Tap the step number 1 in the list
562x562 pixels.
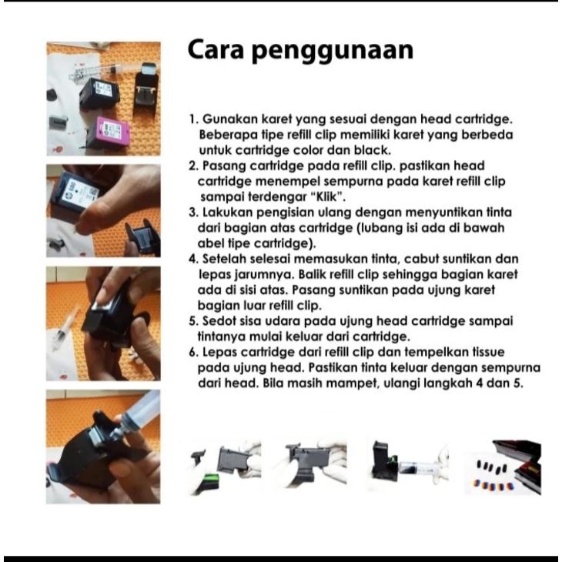(x=193, y=119)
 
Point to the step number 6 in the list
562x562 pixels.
(x=193, y=353)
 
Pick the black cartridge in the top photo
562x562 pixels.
(x=99, y=94)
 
